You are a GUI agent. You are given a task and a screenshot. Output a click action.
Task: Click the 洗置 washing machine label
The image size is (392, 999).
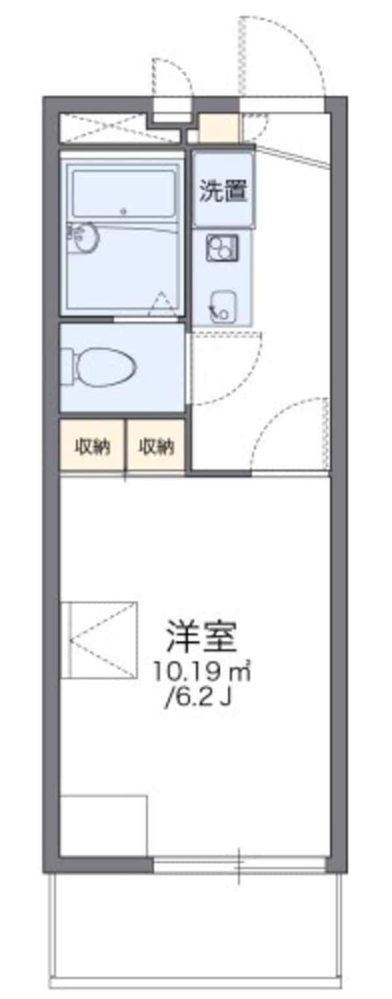pyautogui.click(x=223, y=190)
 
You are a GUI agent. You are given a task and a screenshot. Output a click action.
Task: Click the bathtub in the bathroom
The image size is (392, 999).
pyautogui.click(x=124, y=194)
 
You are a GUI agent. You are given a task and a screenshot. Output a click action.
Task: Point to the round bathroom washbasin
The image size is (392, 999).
pyautogui.click(x=85, y=237)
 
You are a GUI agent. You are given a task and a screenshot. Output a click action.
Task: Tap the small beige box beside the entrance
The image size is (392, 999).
pyautogui.click(x=220, y=128)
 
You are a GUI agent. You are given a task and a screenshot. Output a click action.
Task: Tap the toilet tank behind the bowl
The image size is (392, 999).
pyautogui.click(x=68, y=366)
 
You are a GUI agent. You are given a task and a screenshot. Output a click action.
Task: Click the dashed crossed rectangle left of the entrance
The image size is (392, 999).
pyautogui.click(x=103, y=128)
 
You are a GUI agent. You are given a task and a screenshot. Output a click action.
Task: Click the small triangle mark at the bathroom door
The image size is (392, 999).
pyautogui.click(x=161, y=304)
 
